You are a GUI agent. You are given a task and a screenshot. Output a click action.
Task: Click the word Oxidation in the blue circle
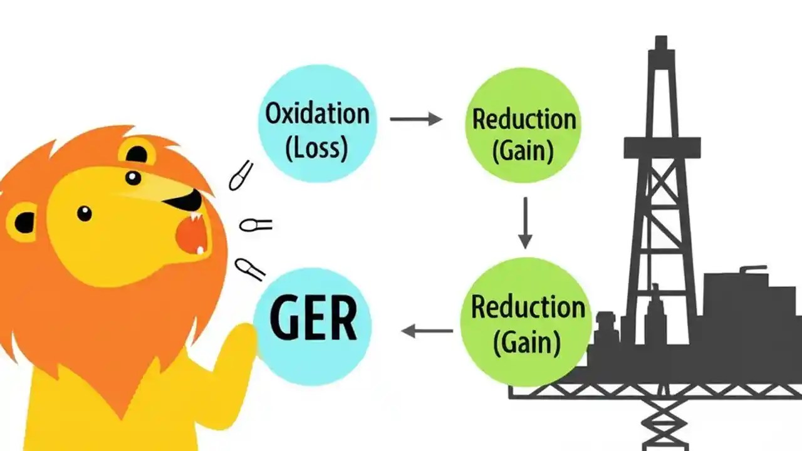point(317,115)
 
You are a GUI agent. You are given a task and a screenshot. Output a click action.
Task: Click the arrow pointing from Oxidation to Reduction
point(415,118)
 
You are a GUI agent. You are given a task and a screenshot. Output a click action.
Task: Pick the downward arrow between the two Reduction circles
point(525,222)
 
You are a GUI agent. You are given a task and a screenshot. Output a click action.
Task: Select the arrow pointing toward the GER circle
point(427,330)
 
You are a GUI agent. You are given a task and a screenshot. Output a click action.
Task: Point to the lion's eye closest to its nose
point(133,178)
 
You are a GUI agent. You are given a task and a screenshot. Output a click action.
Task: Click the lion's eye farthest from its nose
point(84,214)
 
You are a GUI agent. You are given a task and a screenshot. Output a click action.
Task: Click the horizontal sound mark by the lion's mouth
point(256,224)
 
